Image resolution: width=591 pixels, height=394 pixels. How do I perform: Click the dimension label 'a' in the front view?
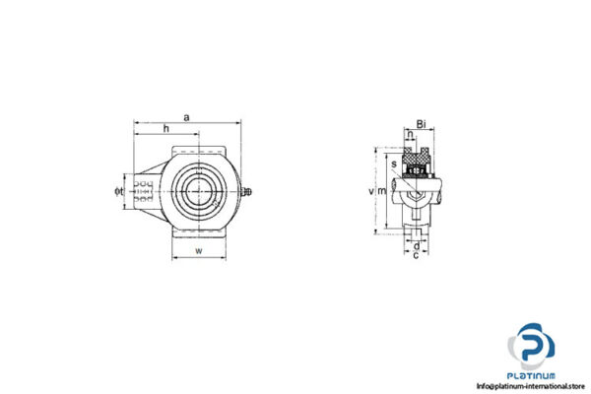pyautogui.click(x=187, y=118)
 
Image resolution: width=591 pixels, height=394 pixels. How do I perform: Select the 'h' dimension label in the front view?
pyautogui.click(x=165, y=129)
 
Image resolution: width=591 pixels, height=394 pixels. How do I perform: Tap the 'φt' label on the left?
pyautogui.click(x=118, y=190)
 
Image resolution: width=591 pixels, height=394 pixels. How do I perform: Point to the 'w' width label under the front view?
pyautogui.click(x=199, y=252)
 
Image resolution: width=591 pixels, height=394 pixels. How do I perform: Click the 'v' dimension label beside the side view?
pyautogui.click(x=370, y=191)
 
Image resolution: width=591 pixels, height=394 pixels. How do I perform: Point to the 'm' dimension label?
pyautogui.click(x=382, y=191)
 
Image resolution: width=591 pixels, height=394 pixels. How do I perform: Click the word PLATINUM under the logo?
pyautogui.click(x=532, y=374)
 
